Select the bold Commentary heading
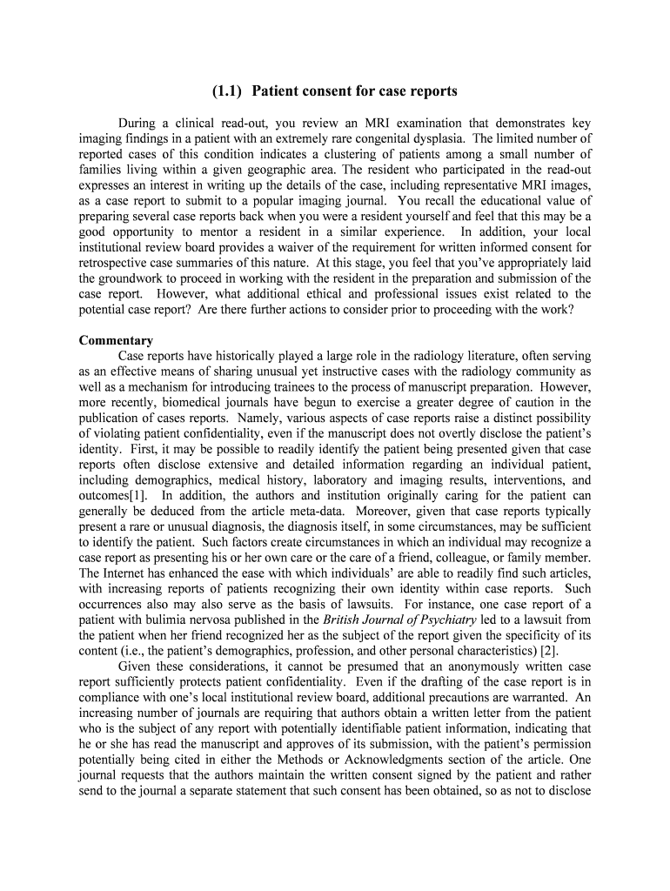coord(116,340)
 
